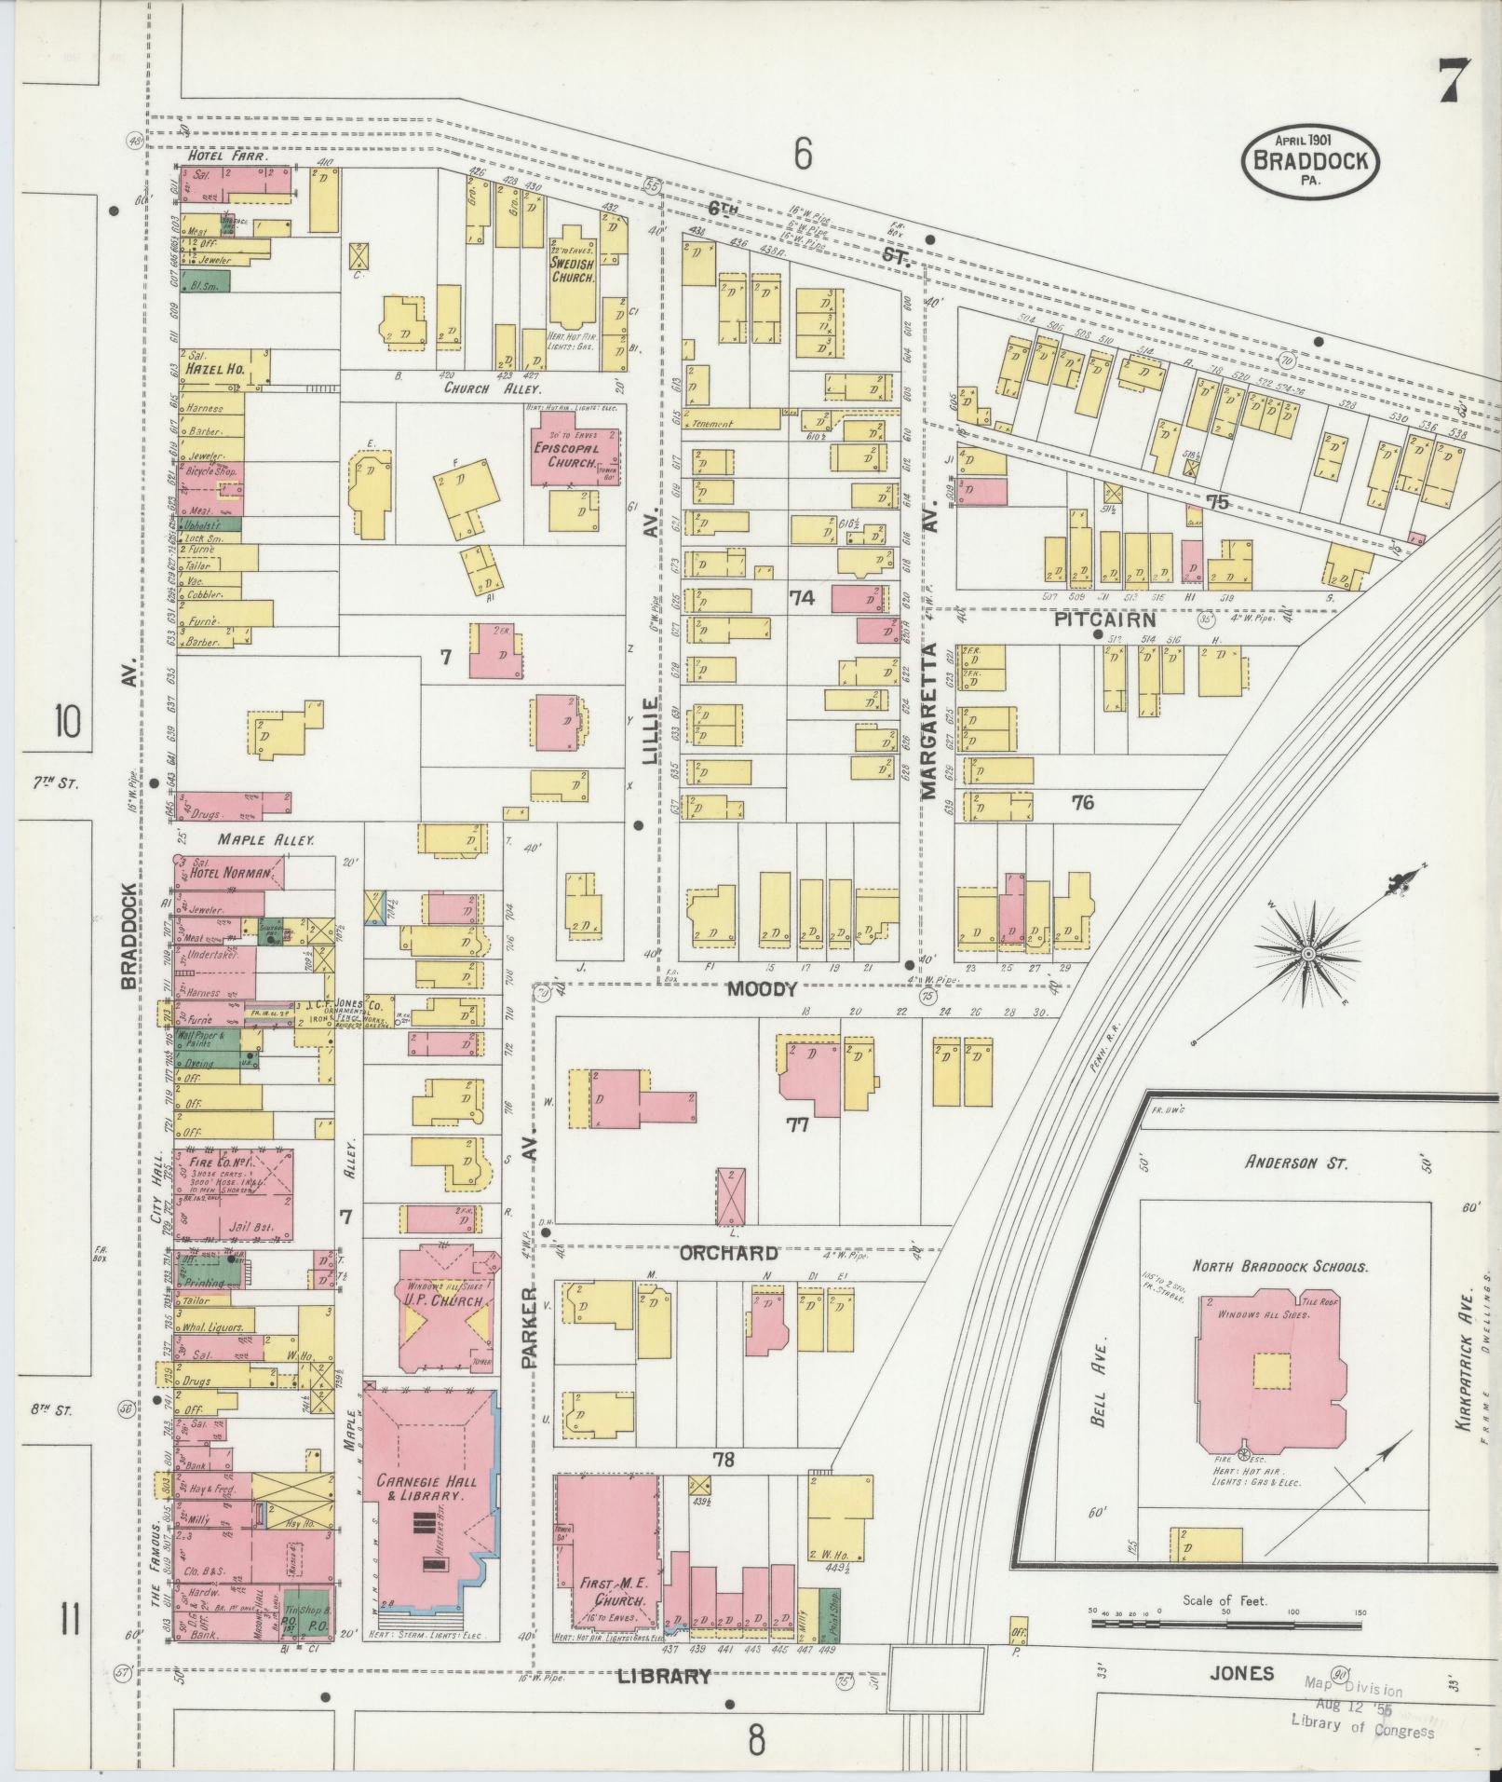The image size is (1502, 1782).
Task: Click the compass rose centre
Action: pos(1307,955)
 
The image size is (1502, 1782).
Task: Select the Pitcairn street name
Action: pos(1104,619)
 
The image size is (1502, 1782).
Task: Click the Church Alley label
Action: pos(479,388)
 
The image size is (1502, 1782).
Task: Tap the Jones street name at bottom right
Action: pos(1241,1673)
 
